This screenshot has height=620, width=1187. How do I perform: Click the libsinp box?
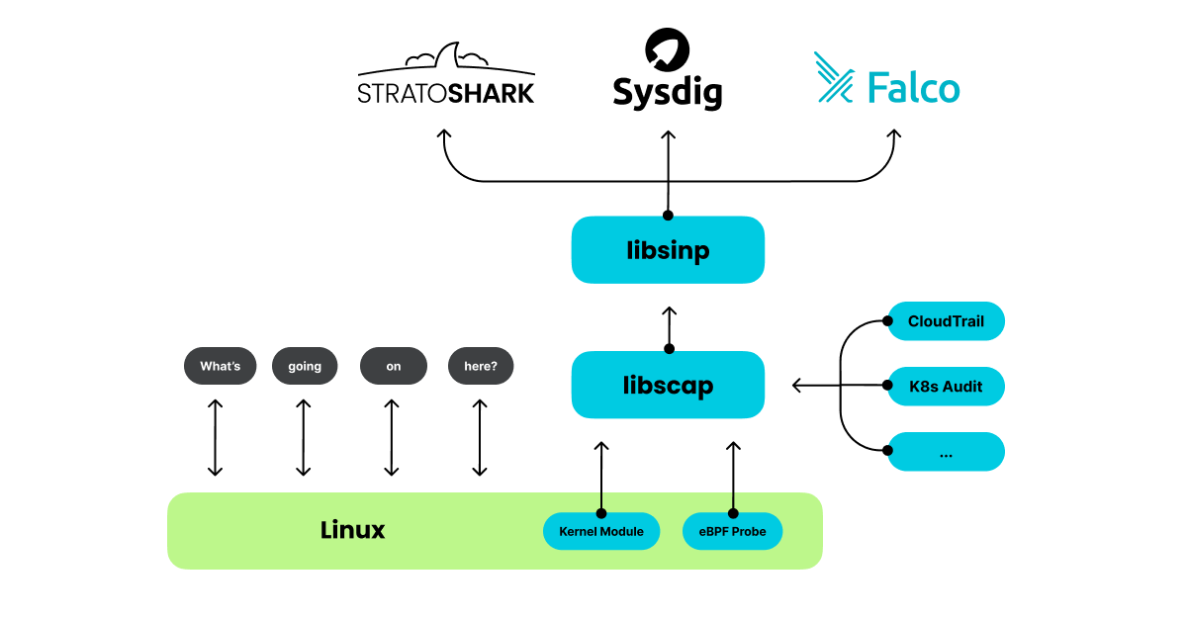668,250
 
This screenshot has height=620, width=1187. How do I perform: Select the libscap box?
668,385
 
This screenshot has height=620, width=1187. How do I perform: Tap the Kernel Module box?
600,532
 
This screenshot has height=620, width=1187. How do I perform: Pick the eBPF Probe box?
732,532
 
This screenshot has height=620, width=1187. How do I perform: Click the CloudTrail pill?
946,321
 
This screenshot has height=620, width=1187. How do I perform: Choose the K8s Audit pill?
946,387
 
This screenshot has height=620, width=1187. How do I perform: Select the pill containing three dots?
946,452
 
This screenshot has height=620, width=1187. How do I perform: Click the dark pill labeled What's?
220,366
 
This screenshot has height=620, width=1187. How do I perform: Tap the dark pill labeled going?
305,366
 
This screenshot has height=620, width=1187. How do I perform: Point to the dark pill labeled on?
393,366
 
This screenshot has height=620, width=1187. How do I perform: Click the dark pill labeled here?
481,366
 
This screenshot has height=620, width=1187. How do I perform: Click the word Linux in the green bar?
352,530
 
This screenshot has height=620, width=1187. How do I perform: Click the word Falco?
913,89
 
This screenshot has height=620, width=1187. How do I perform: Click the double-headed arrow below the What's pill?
215,437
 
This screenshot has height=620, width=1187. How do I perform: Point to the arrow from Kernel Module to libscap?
600,477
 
